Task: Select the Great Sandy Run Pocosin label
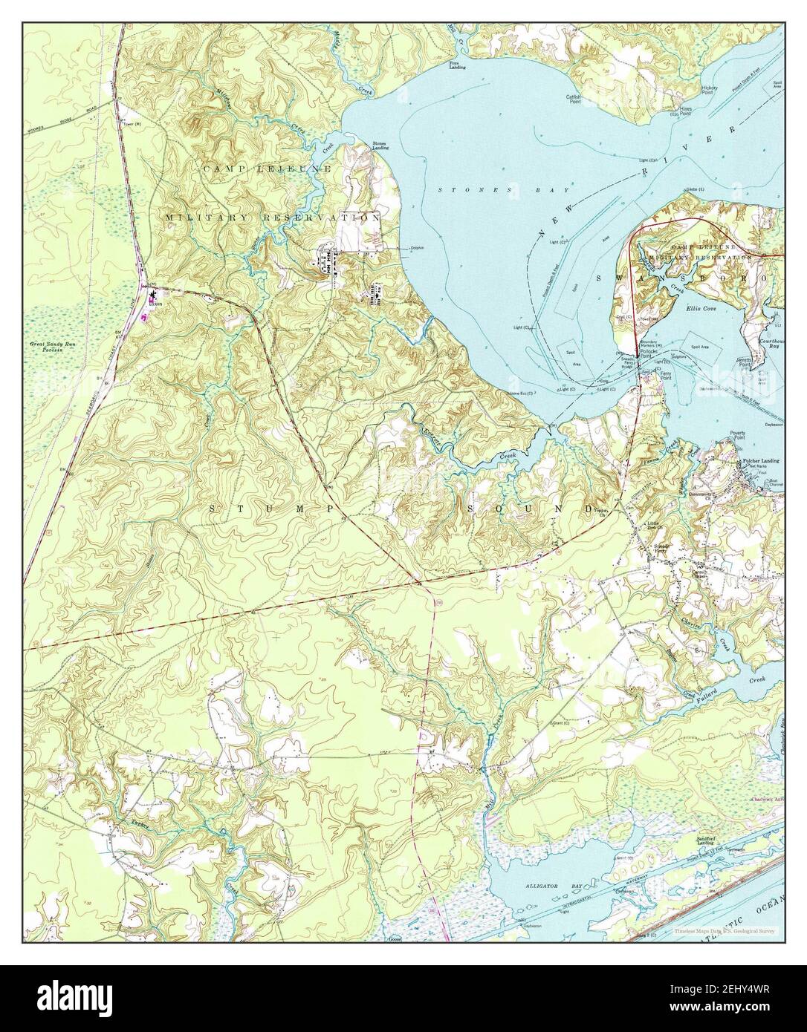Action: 53,346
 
